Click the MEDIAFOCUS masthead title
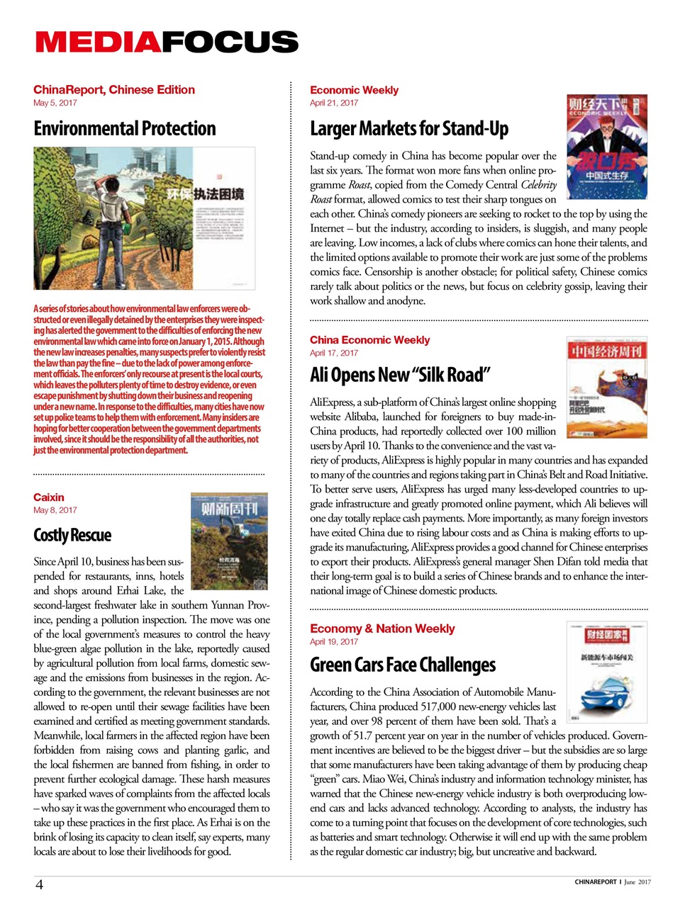(167, 42)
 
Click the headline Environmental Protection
(124, 128)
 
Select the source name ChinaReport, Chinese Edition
(113, 89)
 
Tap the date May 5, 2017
(55, 103)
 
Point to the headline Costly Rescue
(72, 535)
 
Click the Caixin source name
(48, 497)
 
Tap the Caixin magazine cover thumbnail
(229, 542)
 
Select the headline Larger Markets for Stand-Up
(409, 128)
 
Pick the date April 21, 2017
(334, 103)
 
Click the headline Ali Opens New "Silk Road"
(400, 374)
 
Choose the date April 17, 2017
(334, 353)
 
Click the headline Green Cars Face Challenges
(403, 665)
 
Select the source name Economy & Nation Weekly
(382, 629)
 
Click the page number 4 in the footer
(40, 884)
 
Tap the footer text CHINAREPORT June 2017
(612, 882)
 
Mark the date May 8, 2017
(55, 510)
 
